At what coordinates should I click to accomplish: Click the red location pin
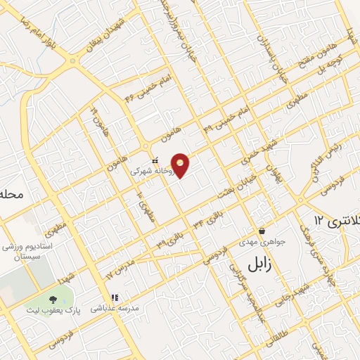(x=181, y=165)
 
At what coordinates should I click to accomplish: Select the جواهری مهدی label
(x=262, y=242)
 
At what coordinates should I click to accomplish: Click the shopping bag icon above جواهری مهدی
(x=262, y=231)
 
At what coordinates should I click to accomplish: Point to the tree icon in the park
(x=53, y=300)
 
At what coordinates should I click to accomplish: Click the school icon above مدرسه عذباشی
(x=115, y=297)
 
